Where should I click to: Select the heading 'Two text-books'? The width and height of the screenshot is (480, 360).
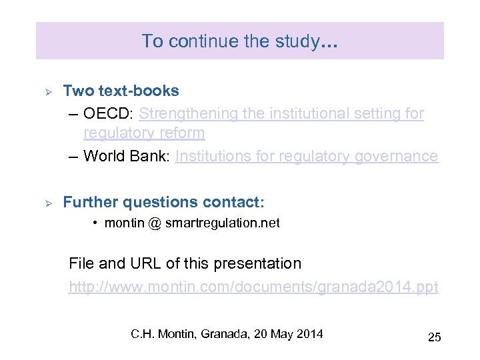pos(121,91)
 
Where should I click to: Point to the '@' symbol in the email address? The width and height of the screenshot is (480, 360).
pos(154,223)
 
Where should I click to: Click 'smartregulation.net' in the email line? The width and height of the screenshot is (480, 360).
pos(222,223)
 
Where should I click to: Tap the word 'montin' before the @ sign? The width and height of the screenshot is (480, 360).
pos(124,223)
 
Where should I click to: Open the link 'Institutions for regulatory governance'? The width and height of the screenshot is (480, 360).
pos(307,157)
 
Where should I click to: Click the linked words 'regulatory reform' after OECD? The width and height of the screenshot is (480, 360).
pos(144,133)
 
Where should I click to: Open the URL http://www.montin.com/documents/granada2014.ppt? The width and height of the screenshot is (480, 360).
pos(253,287)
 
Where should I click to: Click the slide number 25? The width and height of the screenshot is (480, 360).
pos(434,337)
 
